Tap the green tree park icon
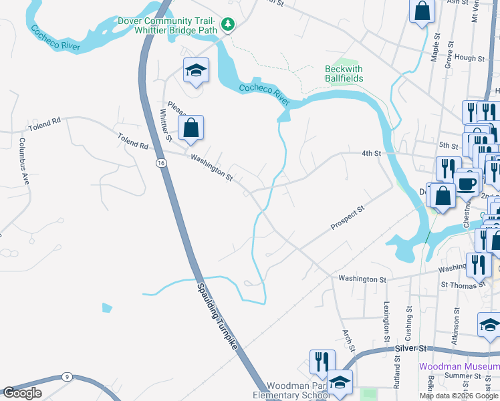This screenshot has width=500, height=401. click(229, 25)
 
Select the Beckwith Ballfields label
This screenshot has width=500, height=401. click(344, 74)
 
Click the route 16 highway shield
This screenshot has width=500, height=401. click(161, 162)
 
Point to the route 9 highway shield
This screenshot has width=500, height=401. click(67, 377)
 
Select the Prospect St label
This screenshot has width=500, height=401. click(348, 219)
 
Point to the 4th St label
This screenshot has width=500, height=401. click(370, 153)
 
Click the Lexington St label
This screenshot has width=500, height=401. click(386, 321)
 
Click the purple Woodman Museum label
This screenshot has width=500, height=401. click(459, 366)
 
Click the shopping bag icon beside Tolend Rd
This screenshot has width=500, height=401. click(191, 127)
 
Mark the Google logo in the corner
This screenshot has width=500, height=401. click(23, 393)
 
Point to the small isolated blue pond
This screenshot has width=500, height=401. click(107, 307)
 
